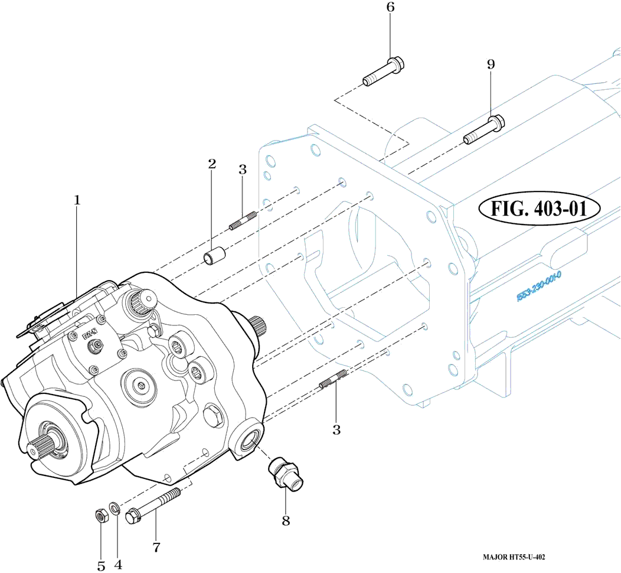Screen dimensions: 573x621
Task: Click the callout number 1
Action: pyautogui.click(x=77, y=200)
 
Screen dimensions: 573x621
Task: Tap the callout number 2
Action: pyautogui.click(x=211, y=164)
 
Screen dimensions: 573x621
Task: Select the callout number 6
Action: pyautogui.click(x=390, y=8)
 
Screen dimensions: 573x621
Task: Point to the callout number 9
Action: pyautogui.click(x=491, y=64)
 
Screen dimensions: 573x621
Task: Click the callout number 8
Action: pyautogui.click(x=286, y=521)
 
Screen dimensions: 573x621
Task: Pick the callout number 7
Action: pyautogui.click(x=156, y=548)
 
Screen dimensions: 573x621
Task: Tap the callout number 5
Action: pyautogui.click(x=101, y=565)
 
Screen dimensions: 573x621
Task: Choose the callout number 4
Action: pyautogui.click(x=118, y=564)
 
